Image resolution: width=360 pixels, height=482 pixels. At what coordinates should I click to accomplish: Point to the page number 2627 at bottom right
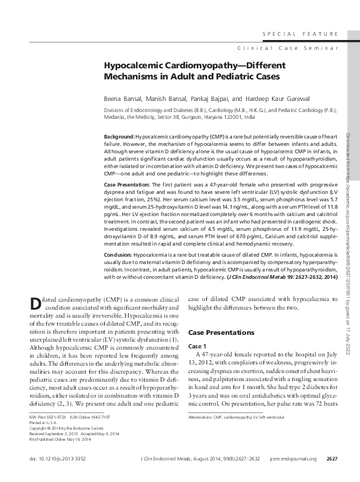click(331, 459)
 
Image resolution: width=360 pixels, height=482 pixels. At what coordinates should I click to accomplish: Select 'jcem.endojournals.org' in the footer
click(292, 459)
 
